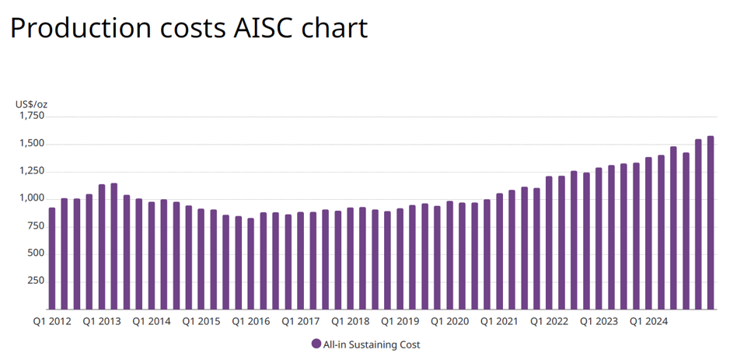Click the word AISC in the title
(x=264, y=28)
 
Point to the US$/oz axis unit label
(x=32, y=104)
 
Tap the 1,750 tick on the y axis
(x=32, y=116)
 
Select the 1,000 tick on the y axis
(x=32, y=199)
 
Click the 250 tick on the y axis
(x=36, y=281)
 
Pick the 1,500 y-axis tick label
(x=32, y=144)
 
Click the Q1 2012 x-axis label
(x=51, y=321)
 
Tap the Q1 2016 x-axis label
(x=250, y=321)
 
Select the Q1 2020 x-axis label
(x=449, y=321)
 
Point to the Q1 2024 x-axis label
(x=648, y=321)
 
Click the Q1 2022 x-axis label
(x=549, y=321)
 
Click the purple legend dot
(x=316, y=344)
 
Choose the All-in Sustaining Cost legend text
(x=372, y=344)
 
